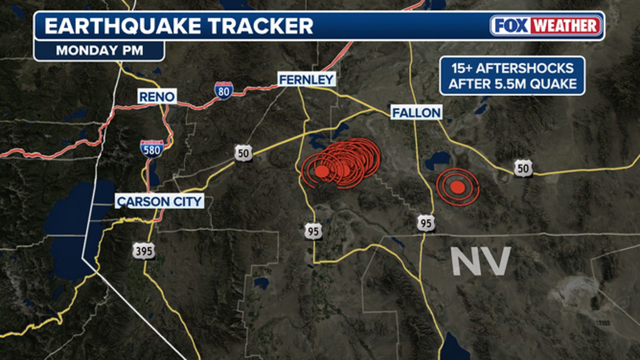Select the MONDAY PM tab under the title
[x=99, y=51]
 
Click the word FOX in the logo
[x=511, y=25]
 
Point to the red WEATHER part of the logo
[x=566, y=25]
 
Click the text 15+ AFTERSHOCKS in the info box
[x=512, y=69]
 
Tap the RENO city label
[x=157, y=97]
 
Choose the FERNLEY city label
[x=306, y=79]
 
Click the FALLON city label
[x=416, y=112]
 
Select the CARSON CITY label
[x=160, y=202]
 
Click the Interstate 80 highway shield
[x=224, y=90]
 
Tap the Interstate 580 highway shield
[x=151, y=148]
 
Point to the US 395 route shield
[x=144, y=250]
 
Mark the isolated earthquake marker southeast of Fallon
[x=458, y=186]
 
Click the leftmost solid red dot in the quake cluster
[x=322, y=171]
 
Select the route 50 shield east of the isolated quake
[x=523, y=168]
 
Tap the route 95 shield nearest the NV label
[x=426, y=223]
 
